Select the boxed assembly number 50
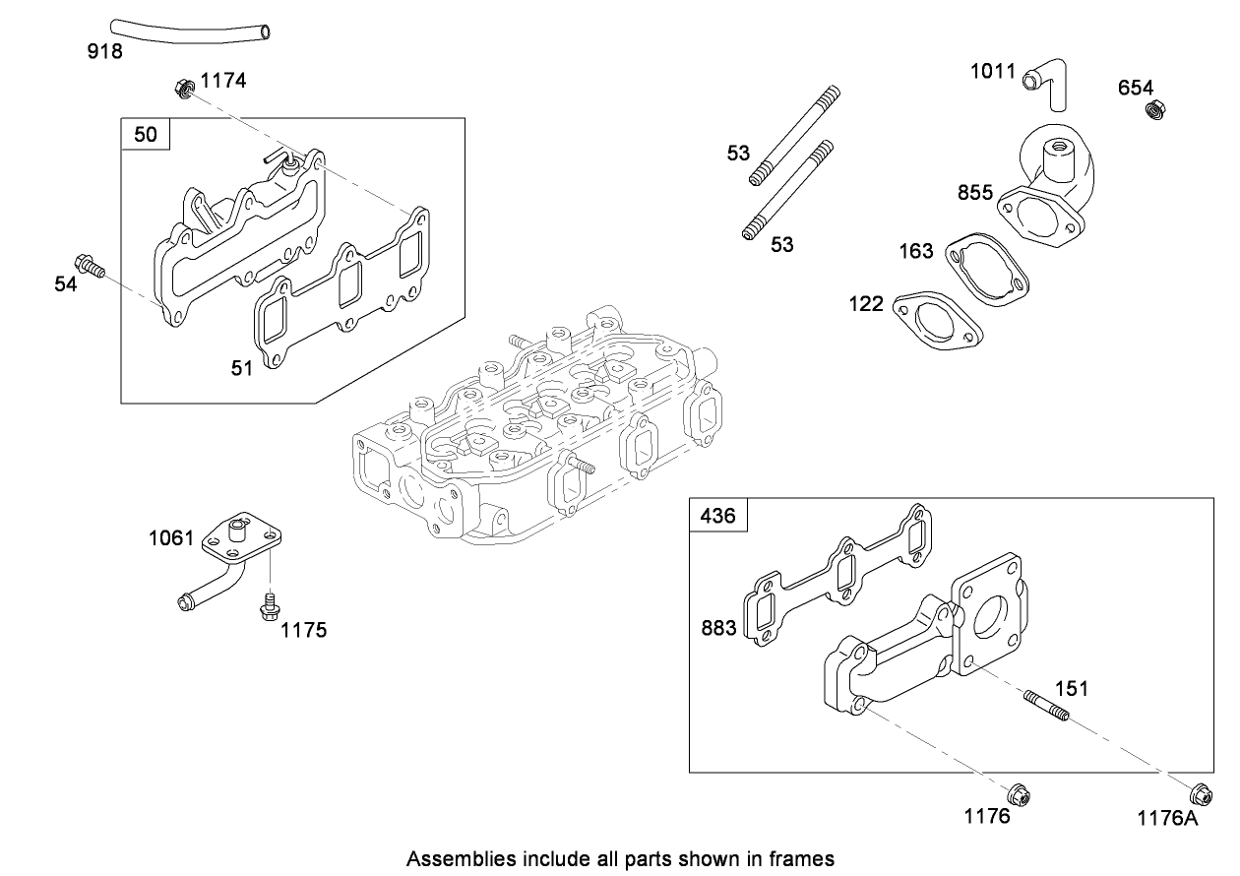click(145, 134)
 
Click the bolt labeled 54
click(92, 266)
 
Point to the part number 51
click(242, 368)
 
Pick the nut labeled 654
click(1157, 109)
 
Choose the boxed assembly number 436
click(717, 515)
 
